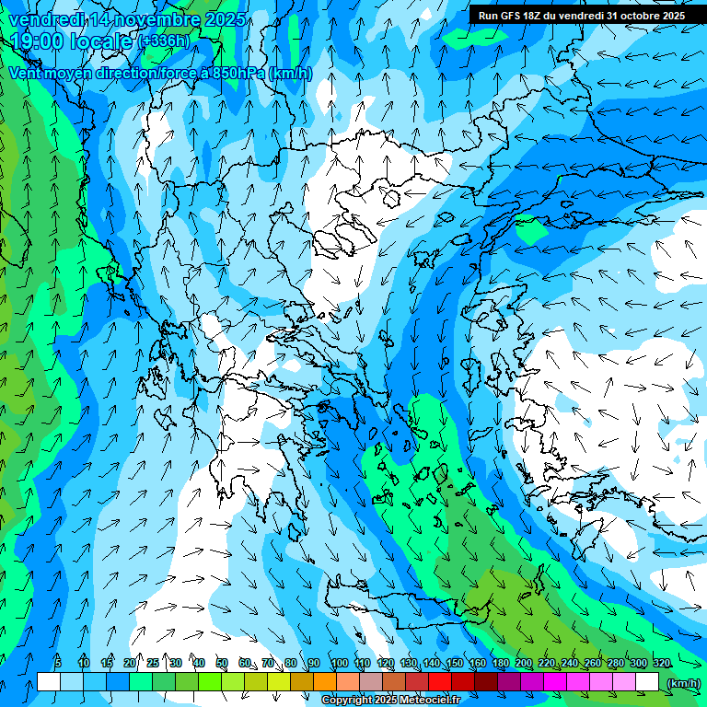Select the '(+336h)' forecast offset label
[x=165, y=41]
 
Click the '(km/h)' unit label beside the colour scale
[x=682, y=683]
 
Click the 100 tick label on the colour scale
[x=339, y=663]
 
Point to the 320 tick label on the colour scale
[x=661, y=663]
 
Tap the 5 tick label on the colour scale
[x=59, y=663]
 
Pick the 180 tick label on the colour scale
[x=500, y=663]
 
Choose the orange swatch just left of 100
[x=325, y=682]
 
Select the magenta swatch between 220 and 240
[x=557, y=682]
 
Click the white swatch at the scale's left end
[x=48, y=682]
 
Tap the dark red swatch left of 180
[x=488, y=682]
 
